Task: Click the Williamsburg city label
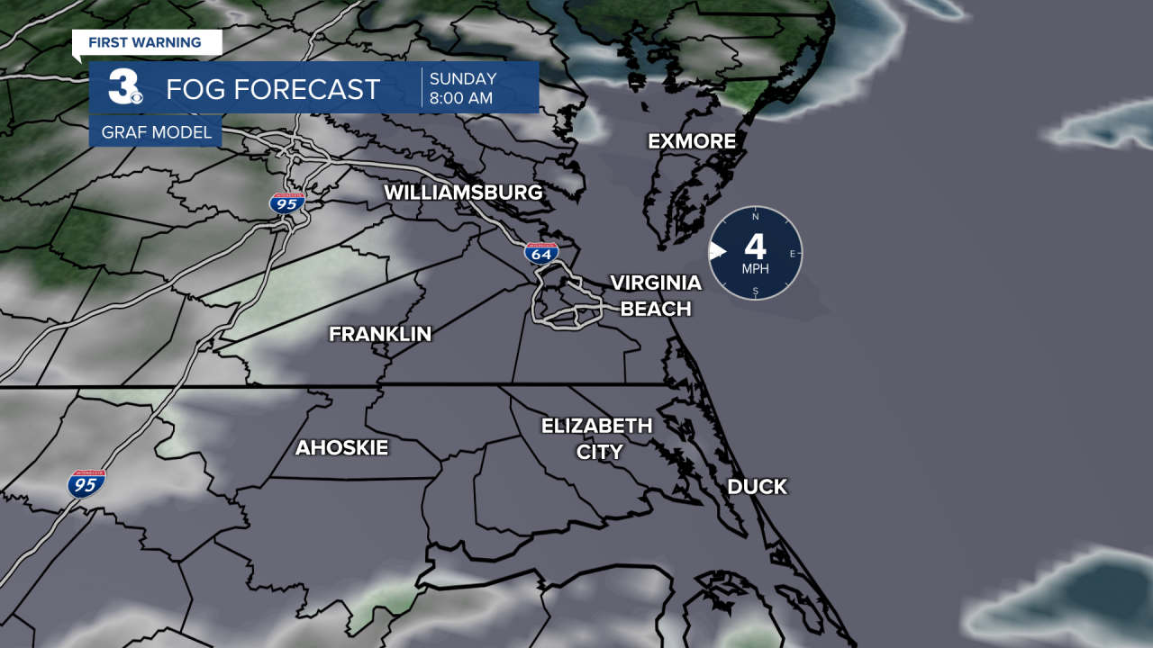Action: (463, 193)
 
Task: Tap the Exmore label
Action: (692, 141)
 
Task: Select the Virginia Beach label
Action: (656, 295)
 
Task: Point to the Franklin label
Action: (380, 334)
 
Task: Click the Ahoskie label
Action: (341, 447)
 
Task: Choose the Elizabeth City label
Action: (596, 438)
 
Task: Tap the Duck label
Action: (757, 487)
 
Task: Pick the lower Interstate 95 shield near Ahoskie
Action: (86, 483)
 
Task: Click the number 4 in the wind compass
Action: (755, 246)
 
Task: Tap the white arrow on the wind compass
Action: (717, 251)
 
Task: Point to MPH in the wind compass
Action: (755, 269)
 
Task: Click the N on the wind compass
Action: (755, 217)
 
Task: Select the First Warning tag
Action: (145, 42)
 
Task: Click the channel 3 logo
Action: (124, 88)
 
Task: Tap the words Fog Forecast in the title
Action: (273, 89)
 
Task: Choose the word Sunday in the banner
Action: (463, 79)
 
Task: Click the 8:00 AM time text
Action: (461, 99)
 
